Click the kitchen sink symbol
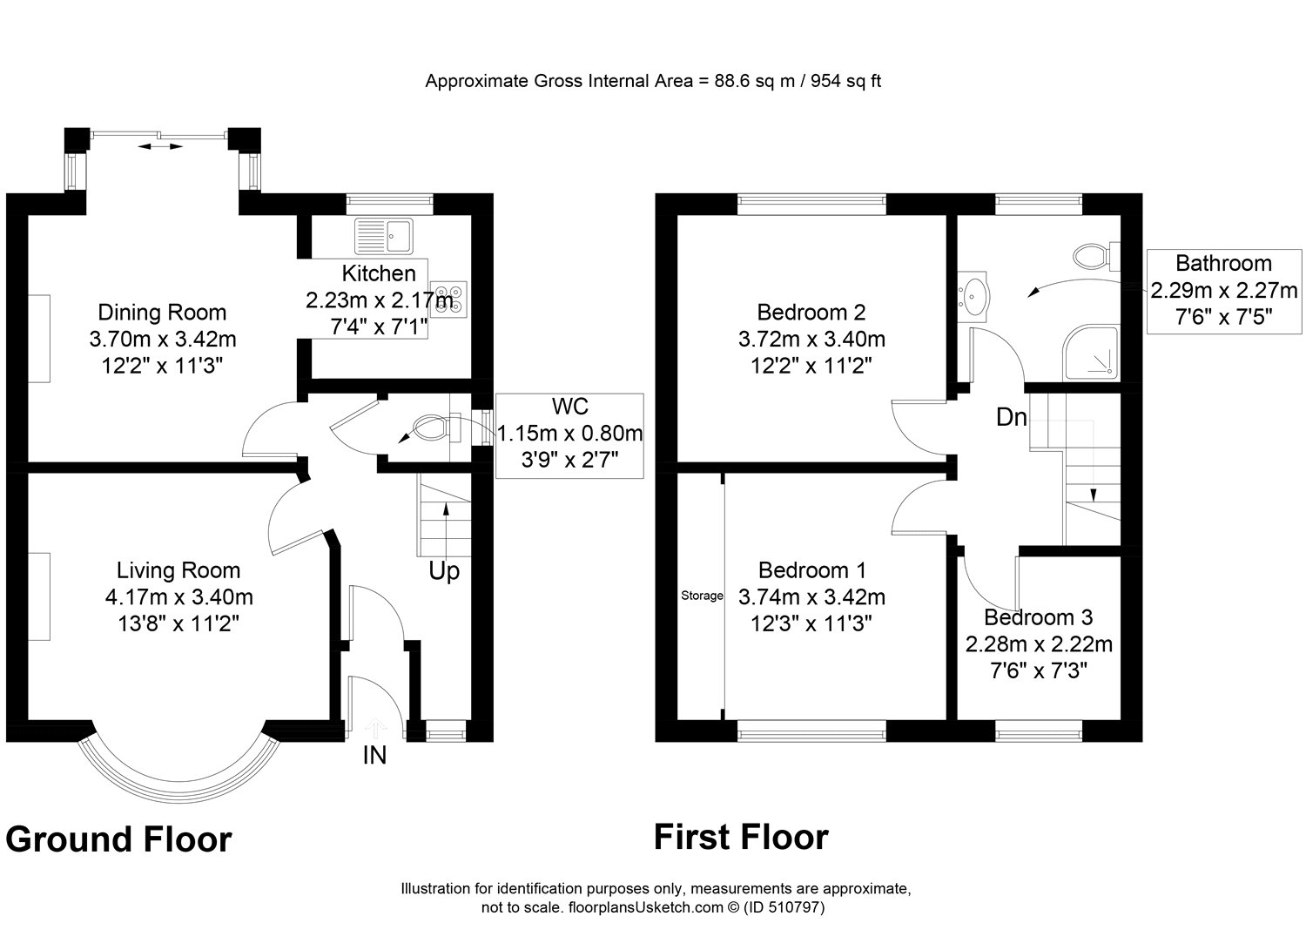point(387,233)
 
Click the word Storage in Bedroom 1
point(702,596)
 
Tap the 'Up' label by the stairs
point(444,572)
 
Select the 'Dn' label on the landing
point(1012,418)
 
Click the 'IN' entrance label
point(374,755)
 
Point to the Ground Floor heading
point(118,840)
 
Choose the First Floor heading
point(741,838)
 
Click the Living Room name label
point(178,570)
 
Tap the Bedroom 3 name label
point(1038,617)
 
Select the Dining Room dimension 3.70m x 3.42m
point(163,339)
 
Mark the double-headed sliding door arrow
point(162,148)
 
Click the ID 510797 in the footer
point(780,907)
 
